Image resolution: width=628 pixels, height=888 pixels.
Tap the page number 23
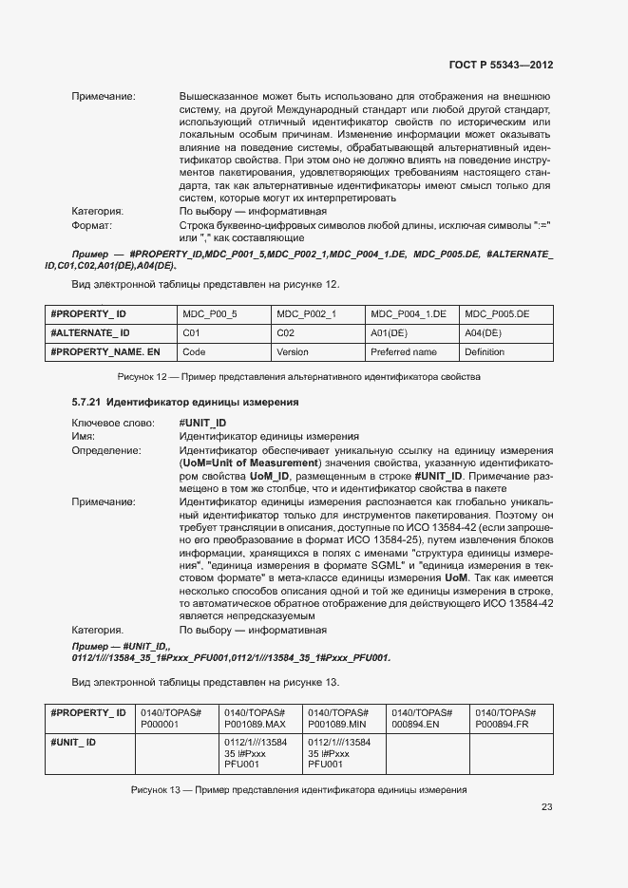[546, 807]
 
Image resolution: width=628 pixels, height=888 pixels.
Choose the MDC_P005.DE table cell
[497, 313]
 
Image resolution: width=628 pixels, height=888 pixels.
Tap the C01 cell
[190, 332]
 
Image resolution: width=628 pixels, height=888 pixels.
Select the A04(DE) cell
[483, 332]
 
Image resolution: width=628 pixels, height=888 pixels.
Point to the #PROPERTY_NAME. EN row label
[105, 351]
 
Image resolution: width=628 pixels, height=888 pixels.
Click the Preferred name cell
[404, 351]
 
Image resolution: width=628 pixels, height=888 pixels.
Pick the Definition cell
[485, 351]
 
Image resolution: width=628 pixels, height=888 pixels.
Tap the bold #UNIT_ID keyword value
[202, 423]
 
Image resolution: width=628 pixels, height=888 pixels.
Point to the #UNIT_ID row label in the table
[73, 742]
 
